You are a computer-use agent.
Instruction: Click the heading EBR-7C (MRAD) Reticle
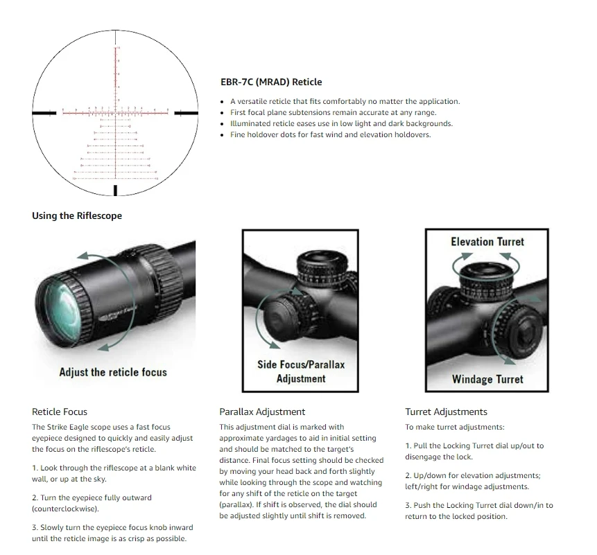[x=271, y=82]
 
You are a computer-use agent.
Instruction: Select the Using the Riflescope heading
[x=77, y=215]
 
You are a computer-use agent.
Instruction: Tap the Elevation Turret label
[x=487, y=242]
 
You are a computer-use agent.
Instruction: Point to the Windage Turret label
[x=487, y=379]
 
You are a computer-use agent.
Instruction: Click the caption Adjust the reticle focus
[x=113, y=372]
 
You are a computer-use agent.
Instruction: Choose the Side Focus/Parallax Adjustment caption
[x=301, y=371]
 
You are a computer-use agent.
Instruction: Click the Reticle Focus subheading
[x=60, y=412]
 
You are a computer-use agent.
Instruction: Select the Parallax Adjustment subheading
[x=262, y=412]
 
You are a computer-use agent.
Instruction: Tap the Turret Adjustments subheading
[x=446, y=412]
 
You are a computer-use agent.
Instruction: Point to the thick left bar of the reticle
[x=45, y=112]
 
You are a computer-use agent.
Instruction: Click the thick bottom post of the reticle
[x=115, y=190]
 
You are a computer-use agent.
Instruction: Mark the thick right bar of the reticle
[x=185, y=112]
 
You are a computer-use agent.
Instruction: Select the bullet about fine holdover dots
[x=330, y=134]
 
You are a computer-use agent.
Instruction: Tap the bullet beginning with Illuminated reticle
[x=341, y=123]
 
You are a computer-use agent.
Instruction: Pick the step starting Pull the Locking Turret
[x=474, y=451]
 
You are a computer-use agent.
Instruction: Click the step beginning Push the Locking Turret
[x=479, y=511]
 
